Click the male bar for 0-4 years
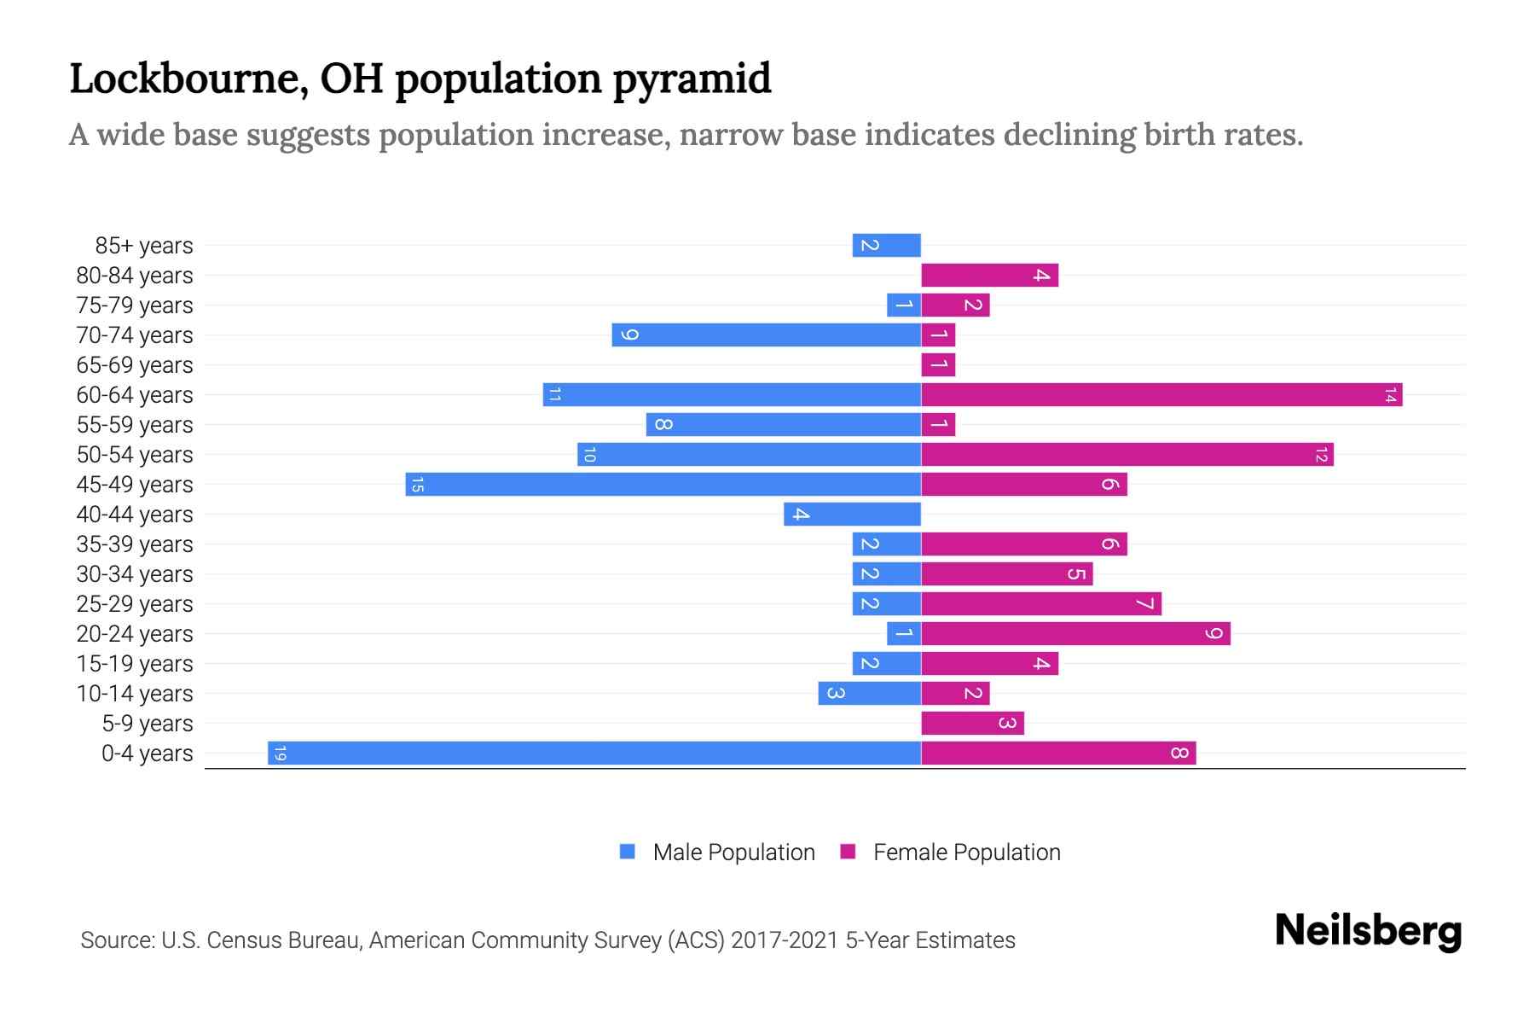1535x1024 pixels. coord(594,753)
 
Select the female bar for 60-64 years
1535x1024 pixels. coord(1161,395)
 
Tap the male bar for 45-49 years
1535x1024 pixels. coord(663,485)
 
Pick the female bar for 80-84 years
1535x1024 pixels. coord(989,276)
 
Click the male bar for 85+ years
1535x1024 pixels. coord(887,246)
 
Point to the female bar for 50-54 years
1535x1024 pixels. coord(1127,455)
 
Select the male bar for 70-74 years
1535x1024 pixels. coord(767,335)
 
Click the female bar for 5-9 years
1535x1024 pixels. coord(972,724)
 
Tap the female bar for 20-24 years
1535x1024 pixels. coord(1075,634)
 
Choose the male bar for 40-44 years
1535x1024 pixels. coord(853,515)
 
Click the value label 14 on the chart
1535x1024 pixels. coord(1390,395)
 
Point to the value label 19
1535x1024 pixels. coord(281,753)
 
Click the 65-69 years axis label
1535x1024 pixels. coord(135,365)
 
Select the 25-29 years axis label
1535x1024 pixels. coord(135,604)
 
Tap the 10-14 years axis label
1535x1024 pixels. coord(135,694)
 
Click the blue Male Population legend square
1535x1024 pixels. coord(628,852)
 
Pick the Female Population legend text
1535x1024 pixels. coord(967,852)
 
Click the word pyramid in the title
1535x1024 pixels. coord(692,79)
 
